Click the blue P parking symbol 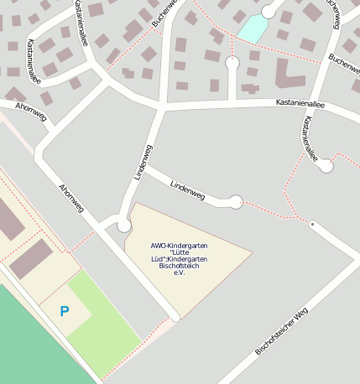coord(65,311)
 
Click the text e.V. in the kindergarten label coord(179,273)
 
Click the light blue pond coord(252,29)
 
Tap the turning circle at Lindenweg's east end coord(236,201)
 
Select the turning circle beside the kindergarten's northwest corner coord(124,226)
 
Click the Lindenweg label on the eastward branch coord(187,189)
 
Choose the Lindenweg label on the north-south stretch coord(143,161)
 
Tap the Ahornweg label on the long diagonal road coord(71,198)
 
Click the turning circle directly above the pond coord(269,11)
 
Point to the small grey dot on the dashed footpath coord(312,225)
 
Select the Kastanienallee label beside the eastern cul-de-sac coord(310,138)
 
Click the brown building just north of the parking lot coord(32,258)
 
